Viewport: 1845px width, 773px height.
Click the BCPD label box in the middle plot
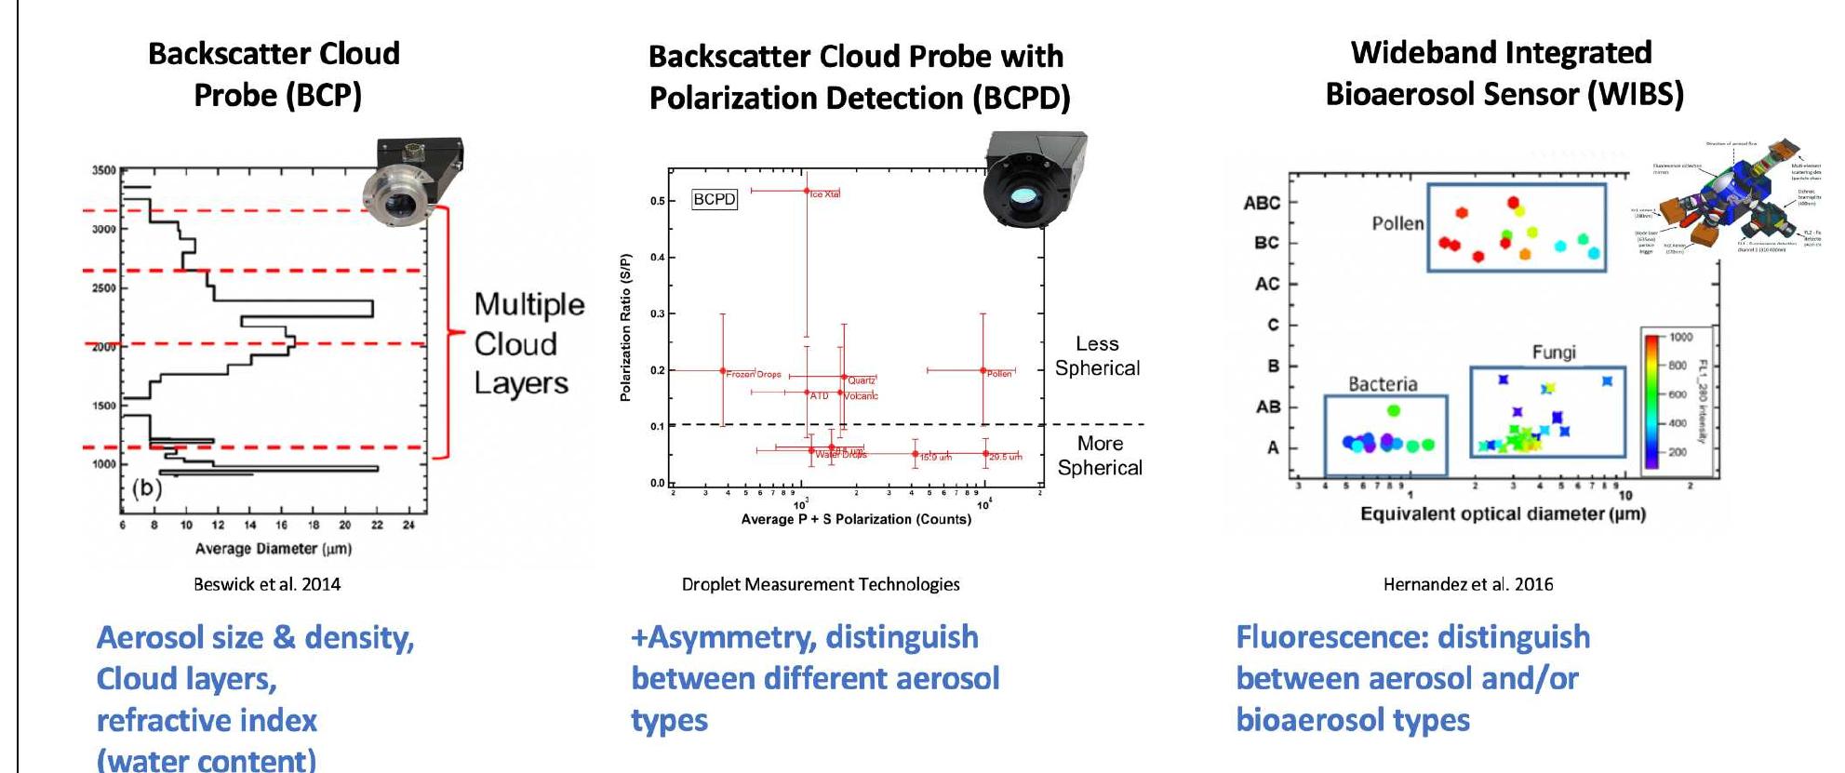(715, 199)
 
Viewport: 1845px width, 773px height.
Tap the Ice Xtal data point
(807, 191)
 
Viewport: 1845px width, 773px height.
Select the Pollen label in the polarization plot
(999, 373)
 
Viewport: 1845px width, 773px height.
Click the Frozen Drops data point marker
(723, 370)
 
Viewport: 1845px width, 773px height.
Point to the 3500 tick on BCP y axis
(104, 171)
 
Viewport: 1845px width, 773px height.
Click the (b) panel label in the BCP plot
(147, 487)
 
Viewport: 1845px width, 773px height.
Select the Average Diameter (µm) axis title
(273, 549)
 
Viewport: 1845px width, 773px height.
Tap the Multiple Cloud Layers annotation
(528, 343)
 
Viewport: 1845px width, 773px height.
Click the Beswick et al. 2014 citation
(267, 584)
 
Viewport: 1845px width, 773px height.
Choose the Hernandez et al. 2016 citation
(1468, 584)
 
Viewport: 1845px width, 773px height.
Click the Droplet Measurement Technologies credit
(821, 584)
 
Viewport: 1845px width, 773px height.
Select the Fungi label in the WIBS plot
(1554, 352)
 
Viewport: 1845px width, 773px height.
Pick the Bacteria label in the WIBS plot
(1383, 384)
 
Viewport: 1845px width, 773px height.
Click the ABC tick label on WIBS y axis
(1262, 203)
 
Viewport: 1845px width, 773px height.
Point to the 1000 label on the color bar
(1680, 337)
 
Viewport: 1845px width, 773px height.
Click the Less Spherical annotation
(1097, 356)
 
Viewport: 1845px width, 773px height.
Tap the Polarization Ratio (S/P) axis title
(625, 327)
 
